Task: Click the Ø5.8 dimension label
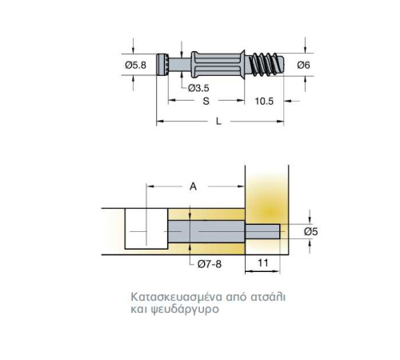coord(136,65)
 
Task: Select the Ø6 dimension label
coord(304,65)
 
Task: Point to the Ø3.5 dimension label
coord(198,88)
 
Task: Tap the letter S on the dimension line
coord(206,101)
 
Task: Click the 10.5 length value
coord(264,102)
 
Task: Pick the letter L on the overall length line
coord(218,122)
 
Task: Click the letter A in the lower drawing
coord(193,186)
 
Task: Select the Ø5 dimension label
coord(311,231)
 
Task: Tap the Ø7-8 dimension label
coord(210,264)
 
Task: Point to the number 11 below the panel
coord(263,263)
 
